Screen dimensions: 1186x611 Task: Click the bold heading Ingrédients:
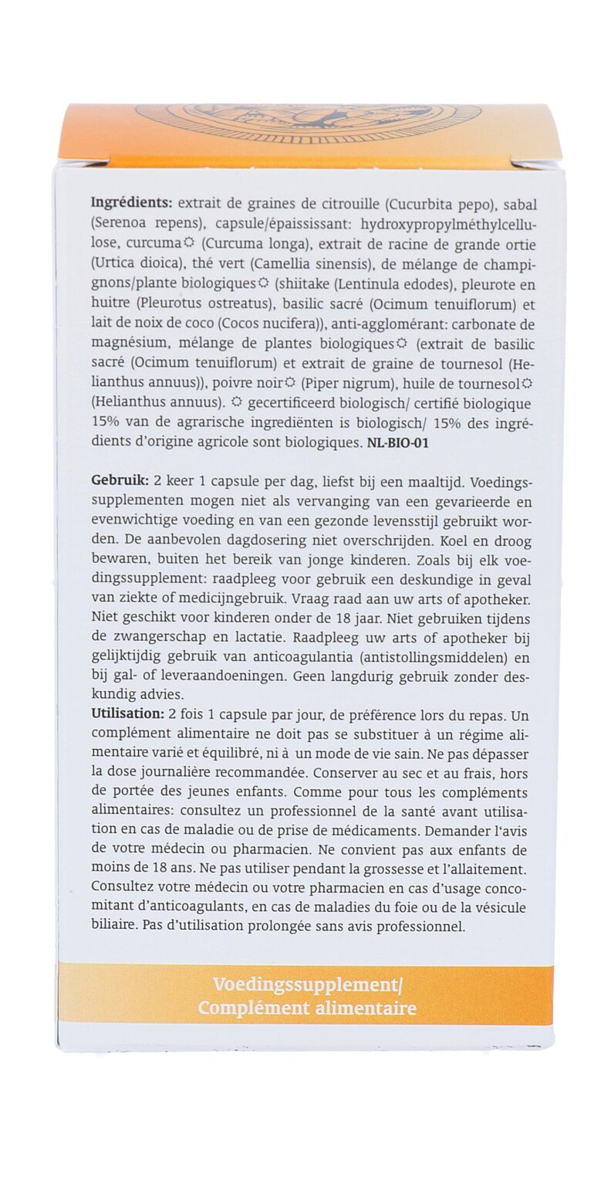coord(131,204)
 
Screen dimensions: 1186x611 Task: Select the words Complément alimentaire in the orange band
coord(307,1008)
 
